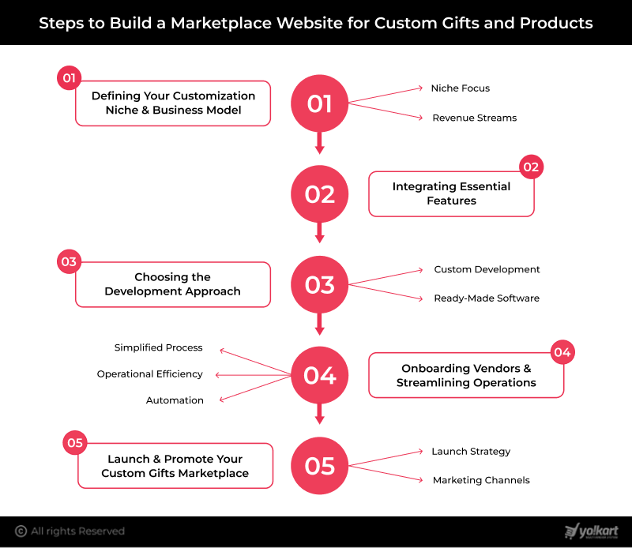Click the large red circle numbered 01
(320, 103)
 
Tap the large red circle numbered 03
(320, 284)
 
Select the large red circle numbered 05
(320, 466)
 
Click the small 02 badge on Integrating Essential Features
(531, 167)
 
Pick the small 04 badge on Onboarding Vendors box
(562, 352)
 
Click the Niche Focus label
(460, 88)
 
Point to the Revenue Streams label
(474, 118)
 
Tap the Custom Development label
(487, 269)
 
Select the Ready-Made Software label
(487, 298)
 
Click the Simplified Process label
(158, 347)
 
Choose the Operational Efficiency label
(150, 374)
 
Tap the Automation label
(175, 400)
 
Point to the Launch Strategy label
(471, 452)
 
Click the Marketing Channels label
(481, 480)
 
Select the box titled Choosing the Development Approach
(173, 284)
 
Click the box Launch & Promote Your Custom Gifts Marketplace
(175, 466)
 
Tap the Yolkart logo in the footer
(592, 531)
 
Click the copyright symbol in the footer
(21, 531)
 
